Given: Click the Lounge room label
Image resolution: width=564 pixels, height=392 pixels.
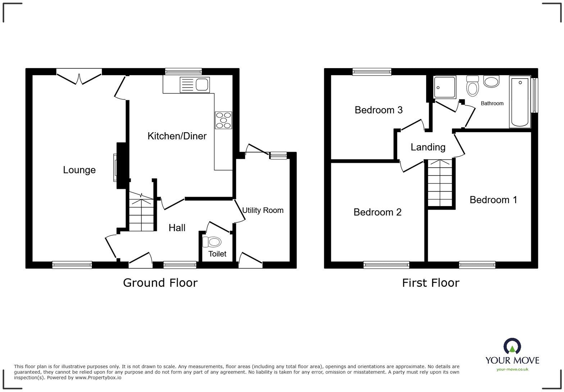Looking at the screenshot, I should click(x=79, y=170).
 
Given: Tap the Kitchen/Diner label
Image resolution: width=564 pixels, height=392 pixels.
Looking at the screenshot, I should click(x=177, y=136).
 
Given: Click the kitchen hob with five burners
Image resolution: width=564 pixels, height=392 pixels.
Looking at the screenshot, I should click(x=223, y=120).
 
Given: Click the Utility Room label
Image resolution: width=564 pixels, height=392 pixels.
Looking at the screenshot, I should click(x=263, y=210).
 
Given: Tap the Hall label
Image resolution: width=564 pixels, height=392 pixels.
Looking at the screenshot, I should click(x=177, y=228).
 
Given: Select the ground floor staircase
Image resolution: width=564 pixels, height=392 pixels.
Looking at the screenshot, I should click(x=141, y=215).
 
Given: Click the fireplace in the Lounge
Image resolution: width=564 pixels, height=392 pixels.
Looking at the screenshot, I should click(x=116, y=168).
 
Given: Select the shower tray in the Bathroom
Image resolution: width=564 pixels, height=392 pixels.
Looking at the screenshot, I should click(x=445, y=87).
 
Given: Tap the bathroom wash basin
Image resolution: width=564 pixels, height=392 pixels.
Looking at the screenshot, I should click(x=491, y=81).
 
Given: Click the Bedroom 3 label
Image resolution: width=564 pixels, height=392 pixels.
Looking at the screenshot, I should click(x=378, y=110).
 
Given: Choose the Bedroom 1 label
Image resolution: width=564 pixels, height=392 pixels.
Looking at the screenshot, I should click(x=493, y=200).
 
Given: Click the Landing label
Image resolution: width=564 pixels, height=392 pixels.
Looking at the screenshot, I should click(x=428, y=147).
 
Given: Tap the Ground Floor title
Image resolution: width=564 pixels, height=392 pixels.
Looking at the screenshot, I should click(x=160, y=283).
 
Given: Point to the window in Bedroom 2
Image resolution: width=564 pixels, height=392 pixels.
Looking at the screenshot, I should click(x=386, y=265).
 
